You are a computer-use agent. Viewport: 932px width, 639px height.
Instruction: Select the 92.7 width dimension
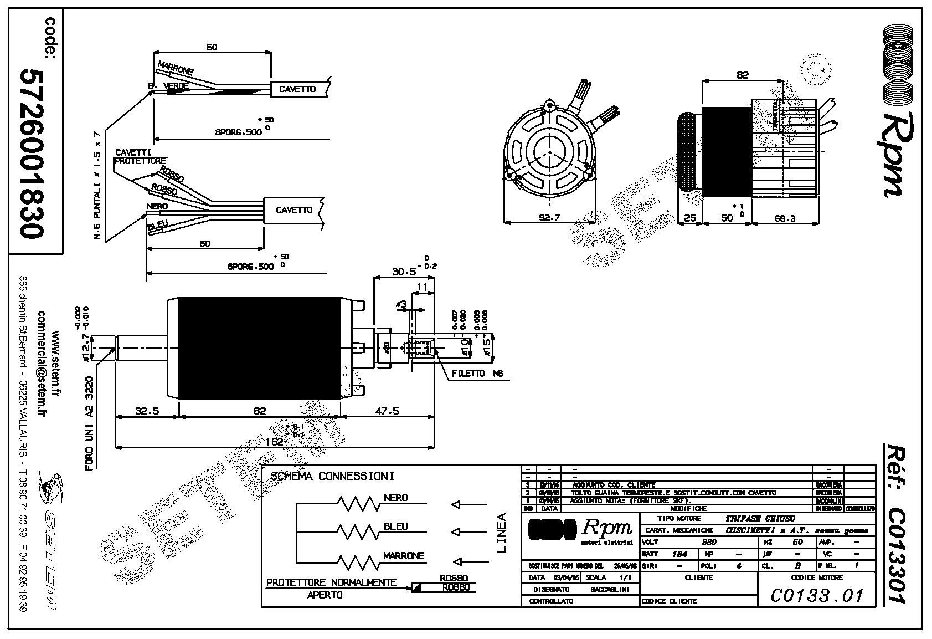point(549,218)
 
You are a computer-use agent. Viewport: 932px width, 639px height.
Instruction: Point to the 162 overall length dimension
point(274,442)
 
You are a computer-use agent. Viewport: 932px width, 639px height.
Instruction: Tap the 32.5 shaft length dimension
point(147,411)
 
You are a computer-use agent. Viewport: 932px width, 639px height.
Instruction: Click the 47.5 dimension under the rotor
point(387,411)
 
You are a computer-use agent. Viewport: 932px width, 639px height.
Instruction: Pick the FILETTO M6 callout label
point(477,374)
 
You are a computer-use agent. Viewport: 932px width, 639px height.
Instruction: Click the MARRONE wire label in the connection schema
point(404,555)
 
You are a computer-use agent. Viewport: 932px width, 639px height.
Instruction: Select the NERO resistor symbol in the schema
point(357,504)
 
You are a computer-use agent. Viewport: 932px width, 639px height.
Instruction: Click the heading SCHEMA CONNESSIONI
point(332,476)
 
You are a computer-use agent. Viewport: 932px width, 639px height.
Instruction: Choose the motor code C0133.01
point(817,595)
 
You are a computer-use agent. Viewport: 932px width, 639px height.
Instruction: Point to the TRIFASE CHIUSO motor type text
point(760,519)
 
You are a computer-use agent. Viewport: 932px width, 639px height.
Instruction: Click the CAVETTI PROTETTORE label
point(133,157)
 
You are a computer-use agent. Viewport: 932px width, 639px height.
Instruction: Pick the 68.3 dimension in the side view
point(785,218)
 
